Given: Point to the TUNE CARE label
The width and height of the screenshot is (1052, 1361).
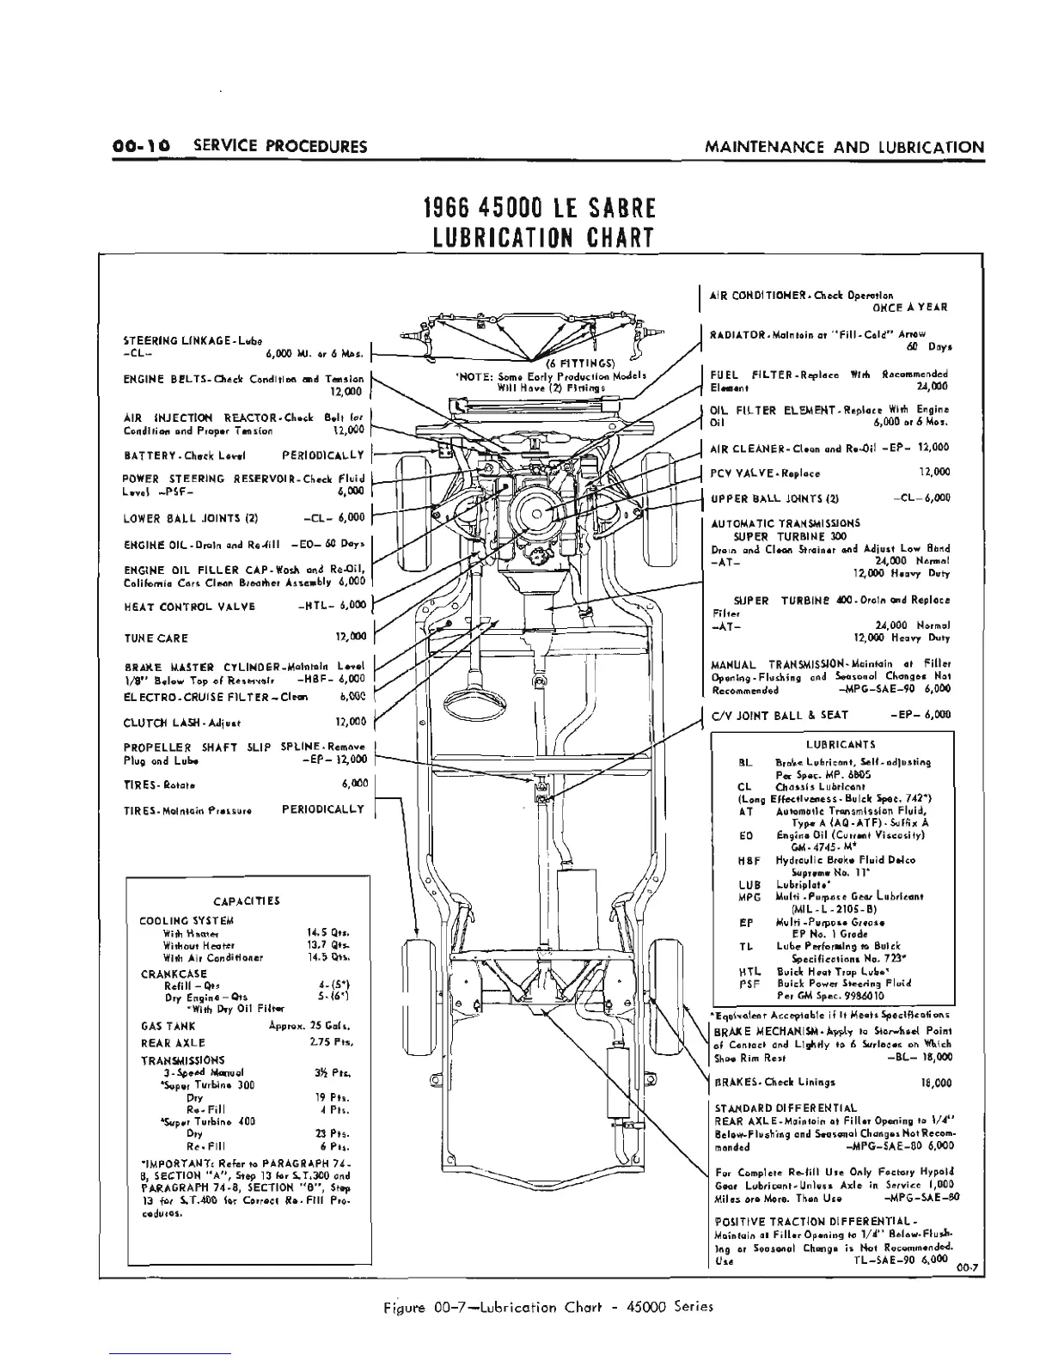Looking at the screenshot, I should (x=156, y=638).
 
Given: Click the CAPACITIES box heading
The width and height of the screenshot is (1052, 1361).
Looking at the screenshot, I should (x=247, y=901).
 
